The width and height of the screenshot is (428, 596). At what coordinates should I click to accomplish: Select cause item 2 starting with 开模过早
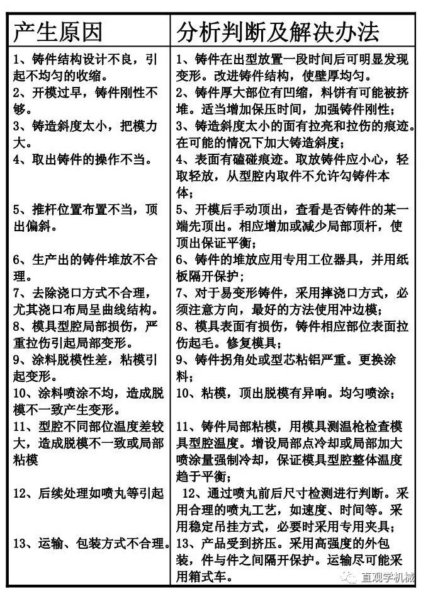click(86, 101)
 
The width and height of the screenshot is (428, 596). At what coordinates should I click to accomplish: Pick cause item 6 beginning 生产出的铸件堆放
click(86, 267)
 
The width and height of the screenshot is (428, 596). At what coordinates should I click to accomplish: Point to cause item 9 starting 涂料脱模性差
click(86, 368)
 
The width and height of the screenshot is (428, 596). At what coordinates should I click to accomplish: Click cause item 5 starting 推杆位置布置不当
click(86, 217)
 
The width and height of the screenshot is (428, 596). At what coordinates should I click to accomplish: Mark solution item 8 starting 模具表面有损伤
click(293, 335)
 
